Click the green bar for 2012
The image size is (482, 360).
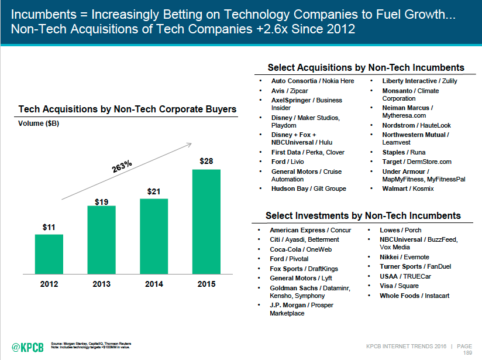pyautogui.click(x=49, y=254)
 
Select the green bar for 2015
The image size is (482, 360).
pyautogui.click(x=206, y=221)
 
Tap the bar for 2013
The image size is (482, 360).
pyautogui.click(x=101, y=239)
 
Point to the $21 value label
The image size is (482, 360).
pyautogui.click(x=154, y=191)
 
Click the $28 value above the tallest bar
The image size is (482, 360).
pyautogui.click(x=206, y=161)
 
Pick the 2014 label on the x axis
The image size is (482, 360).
pyautogui.click(x=154, y=284)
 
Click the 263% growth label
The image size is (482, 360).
pyautogui.click(x=122, y=166)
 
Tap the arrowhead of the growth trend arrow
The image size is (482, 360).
pyautogui.click(x=190, y=145)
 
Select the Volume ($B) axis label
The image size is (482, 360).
pyautogui.click(x=39, y=124)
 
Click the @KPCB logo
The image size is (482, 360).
pyautogui.click(x=27, y=347)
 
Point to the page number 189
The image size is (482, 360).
pyautogui.click(x=467, y=353)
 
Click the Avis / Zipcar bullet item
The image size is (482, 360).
pyautogui.click(x=290, y=91)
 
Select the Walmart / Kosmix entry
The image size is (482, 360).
pyautogui.click(x=408, y=188)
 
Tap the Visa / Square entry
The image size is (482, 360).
pyautogui.click(x=399, y=286)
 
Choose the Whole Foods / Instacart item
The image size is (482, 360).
pyautogui.click(x=414, y=296)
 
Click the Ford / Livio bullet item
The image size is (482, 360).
pyautogui.click(x=287, y=162)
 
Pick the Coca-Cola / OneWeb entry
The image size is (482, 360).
pyautogui.click(x=301, y=249)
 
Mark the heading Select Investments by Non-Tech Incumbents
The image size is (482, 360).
pyautogui.click(x=363, y=215)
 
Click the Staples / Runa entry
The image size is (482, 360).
pyautogui.click(x=404, y=152)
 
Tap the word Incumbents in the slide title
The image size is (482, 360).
pyautogui.click(x=44, y=15)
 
